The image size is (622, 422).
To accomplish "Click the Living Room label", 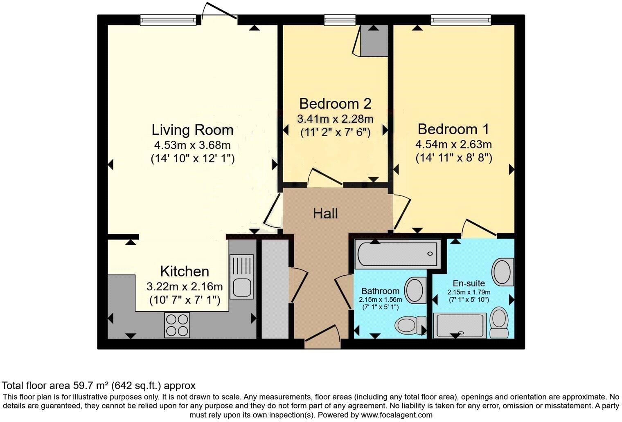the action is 192,130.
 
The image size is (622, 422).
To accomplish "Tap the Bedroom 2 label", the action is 335,104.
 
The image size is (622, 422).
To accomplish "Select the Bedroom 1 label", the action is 453,129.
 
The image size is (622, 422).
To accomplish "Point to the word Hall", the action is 325,213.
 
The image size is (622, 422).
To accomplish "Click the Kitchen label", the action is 185,272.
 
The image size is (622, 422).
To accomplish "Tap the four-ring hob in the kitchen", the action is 177,325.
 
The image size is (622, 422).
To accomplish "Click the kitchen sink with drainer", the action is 242,276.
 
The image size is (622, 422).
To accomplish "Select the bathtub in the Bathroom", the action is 398,254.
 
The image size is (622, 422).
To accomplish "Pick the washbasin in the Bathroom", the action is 415,291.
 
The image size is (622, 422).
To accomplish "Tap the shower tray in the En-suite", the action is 460,326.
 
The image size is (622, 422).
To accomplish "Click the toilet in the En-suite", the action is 499,322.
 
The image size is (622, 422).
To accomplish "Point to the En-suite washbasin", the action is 503,272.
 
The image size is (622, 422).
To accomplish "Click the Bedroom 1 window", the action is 461,20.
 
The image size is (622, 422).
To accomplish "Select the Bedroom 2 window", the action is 340,20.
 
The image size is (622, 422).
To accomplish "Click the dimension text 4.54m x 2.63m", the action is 453,144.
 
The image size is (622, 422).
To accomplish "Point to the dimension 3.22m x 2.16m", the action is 185,286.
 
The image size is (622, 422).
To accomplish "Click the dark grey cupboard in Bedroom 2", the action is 374,41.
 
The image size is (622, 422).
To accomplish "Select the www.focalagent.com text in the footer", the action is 397,415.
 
